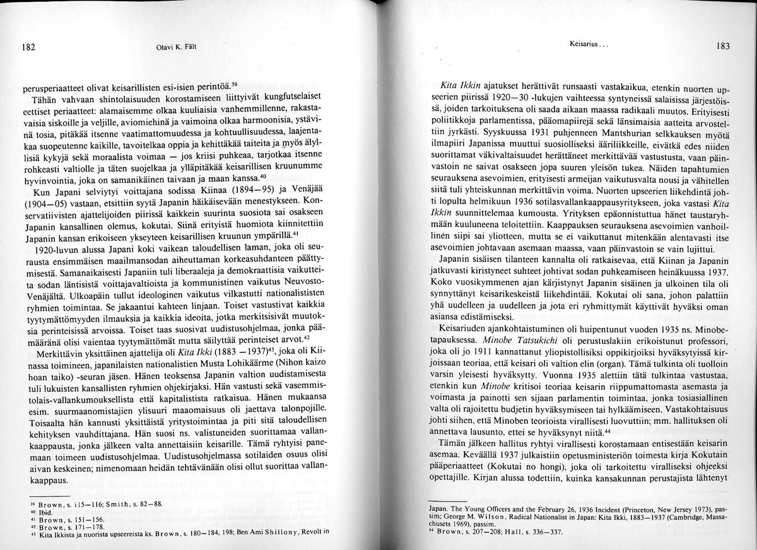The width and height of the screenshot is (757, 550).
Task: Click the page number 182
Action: tap(27, 46)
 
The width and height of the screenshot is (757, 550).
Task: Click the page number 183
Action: tap(723, 45)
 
